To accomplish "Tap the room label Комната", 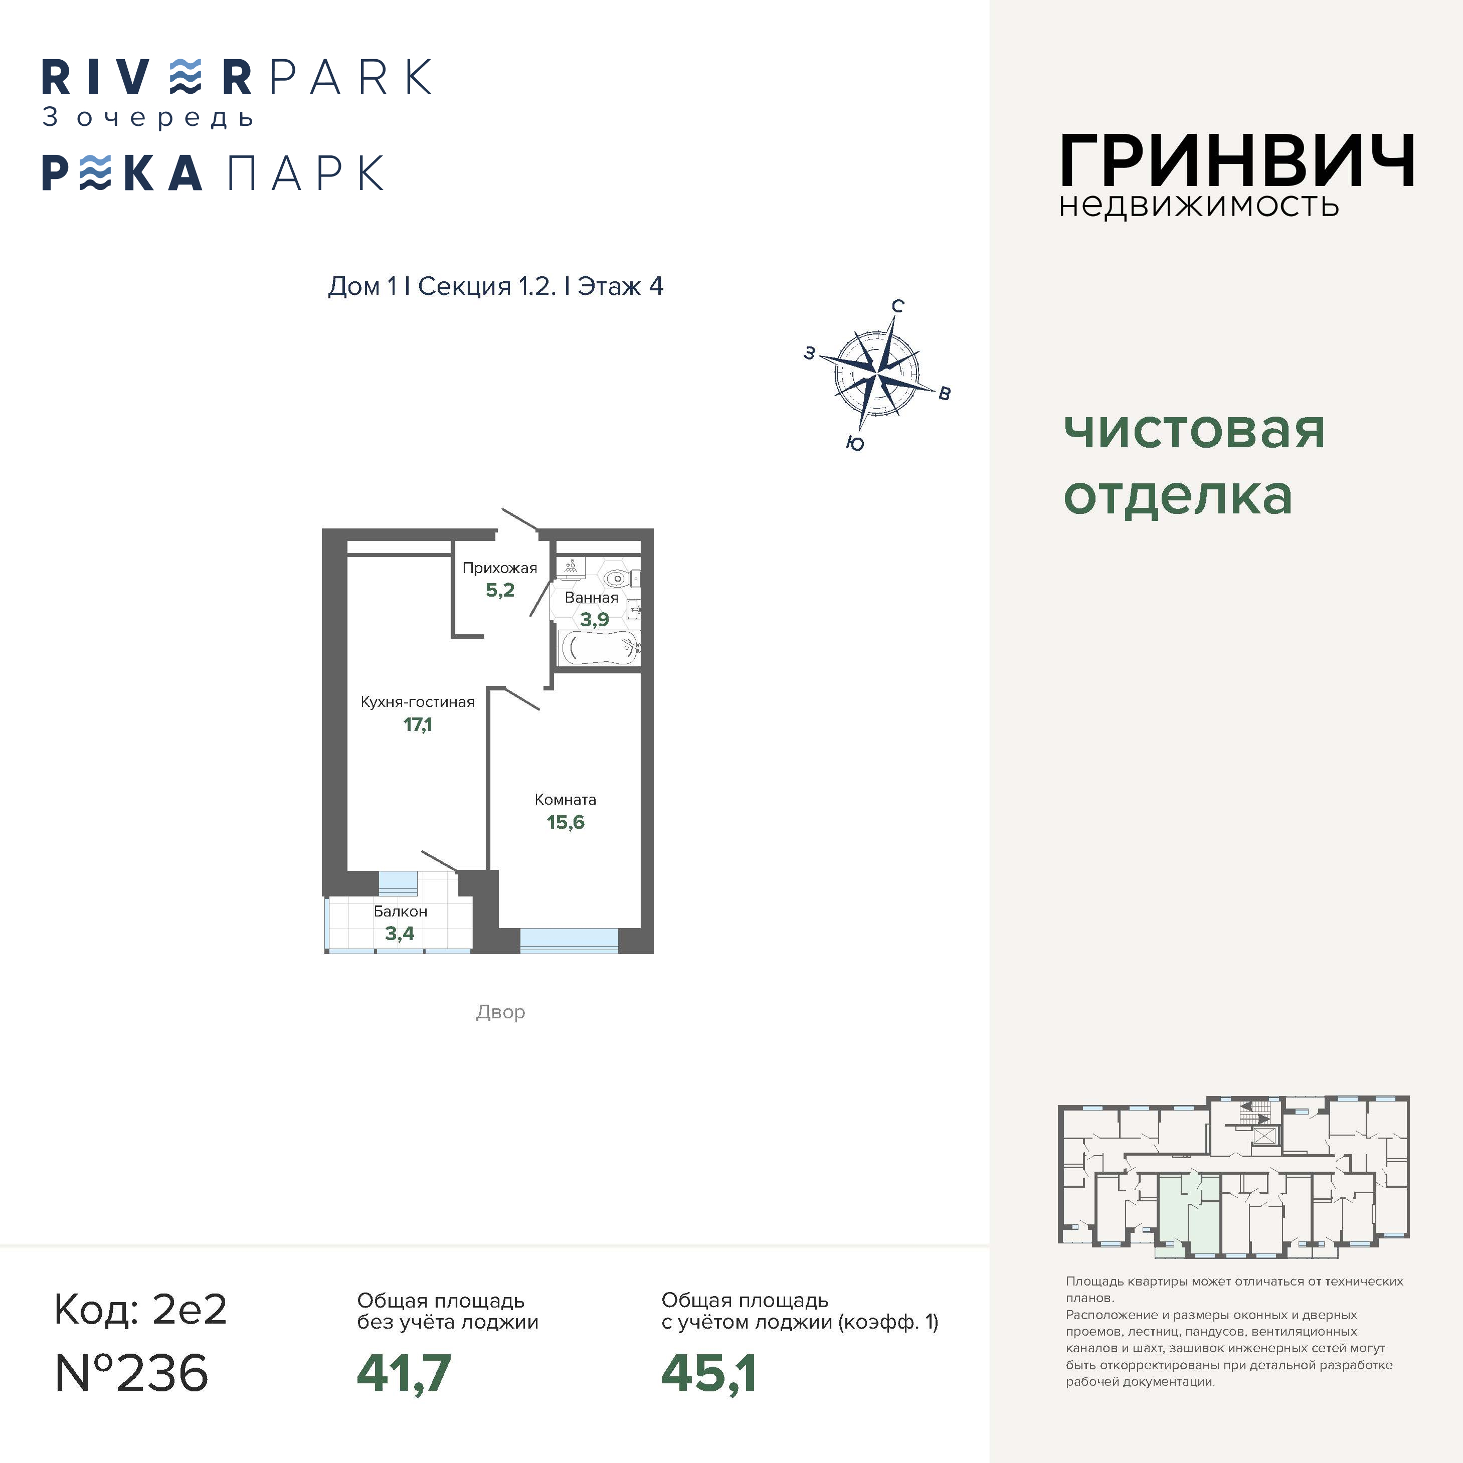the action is pyautogui.click(x=565, y=800).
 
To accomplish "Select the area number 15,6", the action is pyautogui.click(x=566, y=822).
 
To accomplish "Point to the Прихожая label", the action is pyautogui.click(x=500, y=568).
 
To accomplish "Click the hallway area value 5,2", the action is pyautogui.click(x=500, y=590).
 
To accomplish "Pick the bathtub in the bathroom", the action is pyautogui.click(x=598, y=648).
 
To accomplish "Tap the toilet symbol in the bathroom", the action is pyautogui.click(x=615, y=579).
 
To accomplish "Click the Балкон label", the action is pyautogui.click(x=401, y=911).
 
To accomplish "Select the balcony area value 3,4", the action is pyautogui.click(x=400, y=934).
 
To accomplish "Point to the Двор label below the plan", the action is pyautogui.click(x=500, y=1012).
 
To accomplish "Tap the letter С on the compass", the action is pyautogui.click(x=897, y=306).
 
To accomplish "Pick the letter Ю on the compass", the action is pyautogui.click(x=855, y=444).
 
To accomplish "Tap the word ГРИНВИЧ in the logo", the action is pyautogui.click(x=1236, y=160).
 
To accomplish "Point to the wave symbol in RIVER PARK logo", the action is pyautogui.click(x=185, y=77).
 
